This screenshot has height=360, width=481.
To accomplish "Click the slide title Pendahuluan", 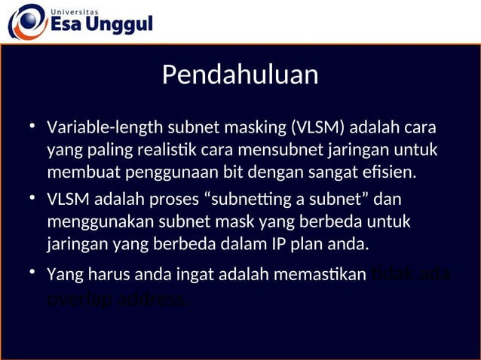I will pos(240,75).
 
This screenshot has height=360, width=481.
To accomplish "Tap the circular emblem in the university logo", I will pos(26,21).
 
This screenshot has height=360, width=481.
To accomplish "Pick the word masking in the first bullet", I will pos(244,127).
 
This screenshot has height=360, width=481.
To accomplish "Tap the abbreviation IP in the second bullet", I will pos(281,245).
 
